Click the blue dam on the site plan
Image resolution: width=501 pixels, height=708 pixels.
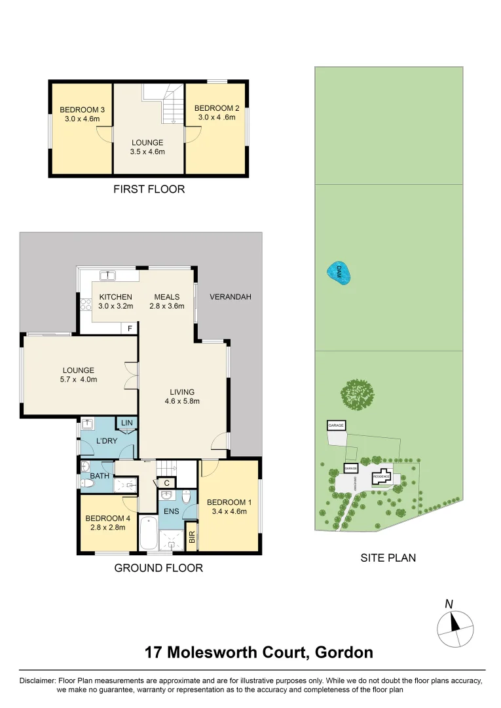(339, 273)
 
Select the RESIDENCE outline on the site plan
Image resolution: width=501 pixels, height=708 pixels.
(382, 477)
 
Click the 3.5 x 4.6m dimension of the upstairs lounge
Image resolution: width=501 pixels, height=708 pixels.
(147, 151)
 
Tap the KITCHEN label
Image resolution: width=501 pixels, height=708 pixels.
(115, 297)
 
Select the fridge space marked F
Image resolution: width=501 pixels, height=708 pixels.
(130, 328)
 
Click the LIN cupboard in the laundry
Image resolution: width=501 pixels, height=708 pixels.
(126, 423)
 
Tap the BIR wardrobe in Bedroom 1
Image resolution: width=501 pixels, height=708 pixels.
(191, 536)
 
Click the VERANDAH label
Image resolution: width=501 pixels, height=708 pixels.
(230, 297)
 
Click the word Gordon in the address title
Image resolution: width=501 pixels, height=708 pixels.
(344, 652)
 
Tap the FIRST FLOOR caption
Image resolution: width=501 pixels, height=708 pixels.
(149, 189)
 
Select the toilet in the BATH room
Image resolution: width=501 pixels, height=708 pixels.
(87, 484)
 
